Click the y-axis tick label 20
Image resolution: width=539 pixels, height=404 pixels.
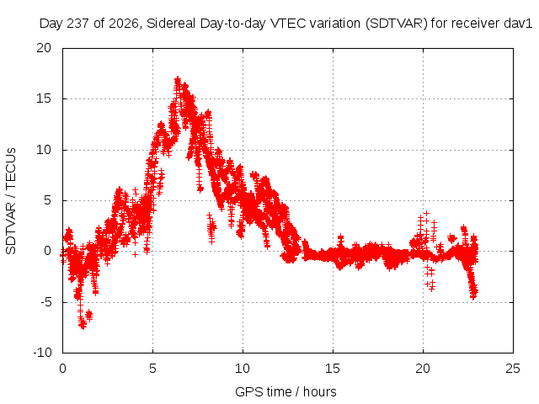[x=44, y=48]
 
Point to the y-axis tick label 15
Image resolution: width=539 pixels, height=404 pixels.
[x=44, y=98]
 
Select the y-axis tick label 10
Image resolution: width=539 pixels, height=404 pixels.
[x=44, y=150]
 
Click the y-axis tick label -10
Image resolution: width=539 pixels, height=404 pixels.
[x=42, y=353]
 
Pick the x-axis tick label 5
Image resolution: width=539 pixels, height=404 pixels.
[x=152, y=369]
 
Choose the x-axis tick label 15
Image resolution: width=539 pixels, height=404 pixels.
[x=333, y=369]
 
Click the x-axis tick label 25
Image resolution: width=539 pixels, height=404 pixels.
[x=513, y=369]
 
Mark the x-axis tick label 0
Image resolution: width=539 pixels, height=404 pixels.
[x=62, y=369]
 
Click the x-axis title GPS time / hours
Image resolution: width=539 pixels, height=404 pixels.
[x=286, y=391]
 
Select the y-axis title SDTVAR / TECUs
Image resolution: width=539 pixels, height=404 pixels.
[x=11, y=201]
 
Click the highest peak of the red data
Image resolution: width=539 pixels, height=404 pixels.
[x=178, y=80]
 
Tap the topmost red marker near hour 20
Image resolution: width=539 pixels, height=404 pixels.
[x=426, y=213]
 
